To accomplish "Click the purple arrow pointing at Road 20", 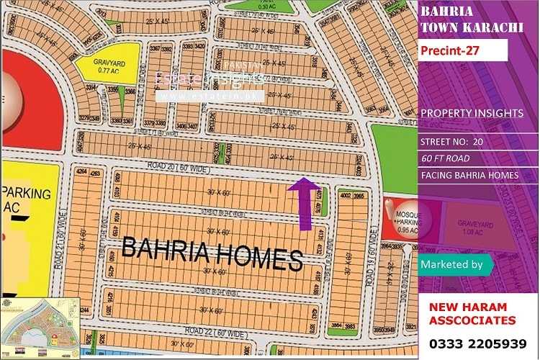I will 305,204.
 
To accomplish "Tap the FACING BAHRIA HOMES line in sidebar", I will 469,176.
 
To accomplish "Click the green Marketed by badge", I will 454,265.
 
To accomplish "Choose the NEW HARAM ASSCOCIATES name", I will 472,313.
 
